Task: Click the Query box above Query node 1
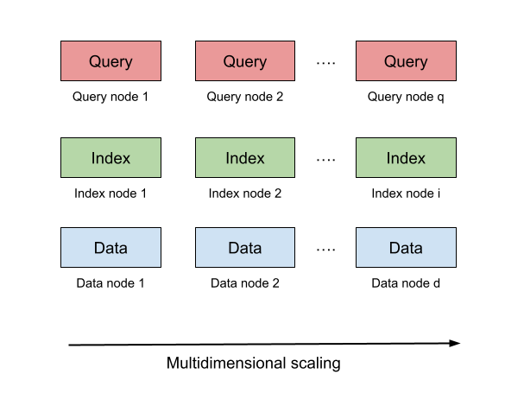110,61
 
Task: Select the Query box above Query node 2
245,61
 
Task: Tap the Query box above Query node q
406,61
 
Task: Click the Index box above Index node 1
110,158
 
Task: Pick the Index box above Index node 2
245,158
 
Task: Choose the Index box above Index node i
406,158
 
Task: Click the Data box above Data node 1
110,248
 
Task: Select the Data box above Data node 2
245,248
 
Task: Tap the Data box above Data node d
406,248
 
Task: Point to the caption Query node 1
110,97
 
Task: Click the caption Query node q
406,97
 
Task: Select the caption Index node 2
245,193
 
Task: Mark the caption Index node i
406,193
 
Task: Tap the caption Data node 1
110,283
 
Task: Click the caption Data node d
406,283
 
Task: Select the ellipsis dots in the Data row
325,250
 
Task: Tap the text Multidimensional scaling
253,364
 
